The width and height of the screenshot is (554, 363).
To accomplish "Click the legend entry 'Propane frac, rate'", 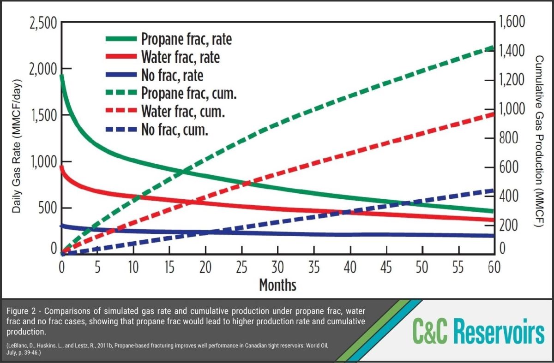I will (x=187, y=39).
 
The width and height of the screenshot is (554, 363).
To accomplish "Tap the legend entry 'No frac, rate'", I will (x=172, y=75).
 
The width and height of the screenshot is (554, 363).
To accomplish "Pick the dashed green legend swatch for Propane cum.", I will (x=121, y=94).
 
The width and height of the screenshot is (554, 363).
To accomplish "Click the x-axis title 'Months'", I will (x=277, y=285).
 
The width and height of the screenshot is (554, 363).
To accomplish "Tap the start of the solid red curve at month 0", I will (x=62, y=167).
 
